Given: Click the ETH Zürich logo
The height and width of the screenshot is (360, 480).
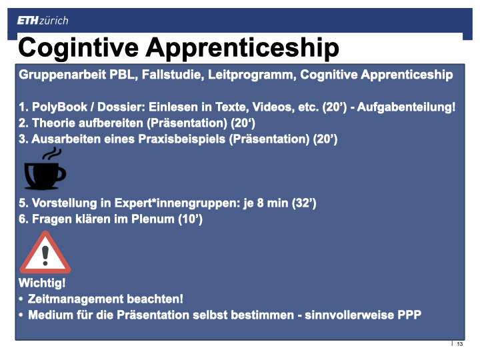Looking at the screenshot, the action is pyautogui.click(x=43, y=21).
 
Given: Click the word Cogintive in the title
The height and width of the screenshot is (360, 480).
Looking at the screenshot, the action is pyautogui.click(x=79, y=48).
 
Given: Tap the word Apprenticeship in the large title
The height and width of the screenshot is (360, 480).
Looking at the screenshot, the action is pyautogui.click(x=242, y=48).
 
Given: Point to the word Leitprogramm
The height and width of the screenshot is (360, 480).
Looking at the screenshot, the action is pyautogui.click(x=252, y=75).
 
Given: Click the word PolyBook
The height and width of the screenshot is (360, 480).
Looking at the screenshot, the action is pyautogui.click(x=60, y=107).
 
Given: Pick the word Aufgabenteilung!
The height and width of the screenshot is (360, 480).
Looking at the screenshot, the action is pyautogui.click(x=406, y=107).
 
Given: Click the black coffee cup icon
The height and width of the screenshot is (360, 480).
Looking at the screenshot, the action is pyautogui.click(x=45, y=175).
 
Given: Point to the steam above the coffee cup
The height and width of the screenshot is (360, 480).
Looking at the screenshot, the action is pyautogui.click(x=52, y=154).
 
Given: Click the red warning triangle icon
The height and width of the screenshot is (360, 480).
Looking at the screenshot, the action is pyautogui.click(x=45, y=253).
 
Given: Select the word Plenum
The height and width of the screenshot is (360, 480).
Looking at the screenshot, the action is pyautogui.click(x=153, y=219).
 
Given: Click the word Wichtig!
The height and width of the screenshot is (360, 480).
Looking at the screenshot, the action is pyautogui.click(x=42, y=283).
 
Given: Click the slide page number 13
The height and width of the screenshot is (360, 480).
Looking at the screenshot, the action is pyautogui.click(x=460, y=344).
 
